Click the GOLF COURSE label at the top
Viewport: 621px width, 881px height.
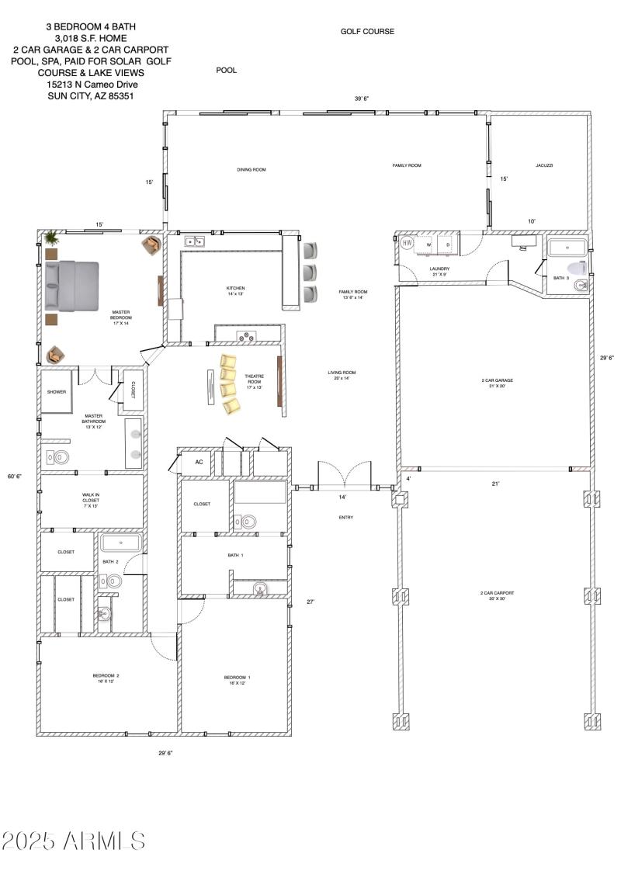point(367,32)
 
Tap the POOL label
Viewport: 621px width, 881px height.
point(227,71)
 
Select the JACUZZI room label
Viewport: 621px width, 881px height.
point(543,165)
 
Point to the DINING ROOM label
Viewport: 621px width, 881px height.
point(252,169)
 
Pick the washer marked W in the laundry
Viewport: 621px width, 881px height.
point(428,245)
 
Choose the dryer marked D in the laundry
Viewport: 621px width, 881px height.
point(447,245)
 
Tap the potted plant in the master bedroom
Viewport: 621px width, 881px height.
point(51,237)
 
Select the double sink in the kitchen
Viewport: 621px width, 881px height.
point(194,241)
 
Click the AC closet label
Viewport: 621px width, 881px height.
point(199,462)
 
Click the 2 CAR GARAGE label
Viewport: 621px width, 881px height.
point(497,380)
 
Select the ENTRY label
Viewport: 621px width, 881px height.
point(346,518)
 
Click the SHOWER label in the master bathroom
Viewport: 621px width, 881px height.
point(57,392)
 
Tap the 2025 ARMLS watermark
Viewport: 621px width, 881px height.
point(74,841)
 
